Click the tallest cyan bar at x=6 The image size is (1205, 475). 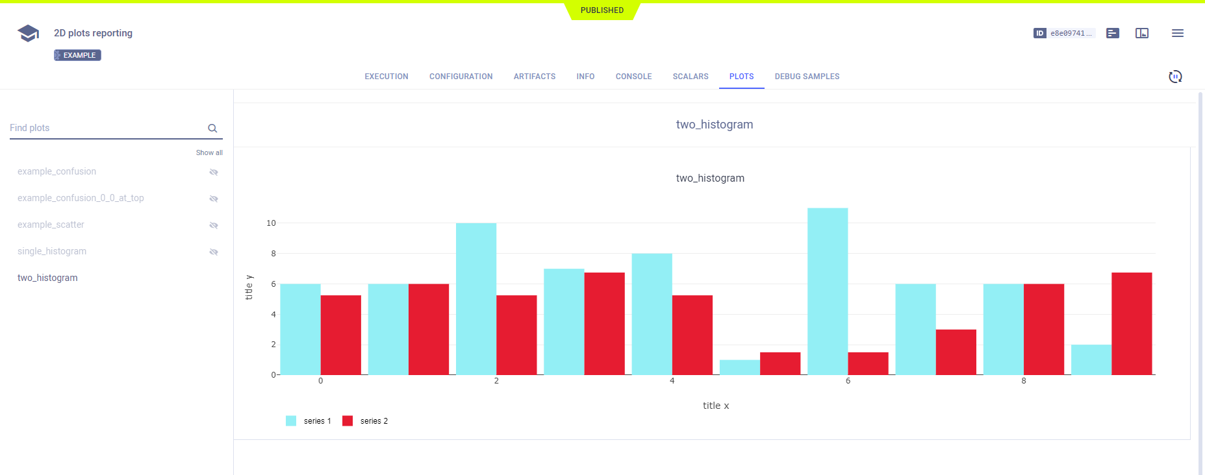(x=828, y=291)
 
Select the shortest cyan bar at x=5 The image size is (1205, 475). (x=740, y=367)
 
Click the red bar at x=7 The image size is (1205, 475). (x=956, y=352)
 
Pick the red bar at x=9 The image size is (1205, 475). (x=1132, y=324)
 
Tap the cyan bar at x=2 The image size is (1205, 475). (x=476, y=299)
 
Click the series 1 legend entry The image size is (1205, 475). (x=309, y=421)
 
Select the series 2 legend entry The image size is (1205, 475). (x=366, y=421)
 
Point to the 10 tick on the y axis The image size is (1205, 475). (x=271, y=223)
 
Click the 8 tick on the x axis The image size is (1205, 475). (x=1024, y=381)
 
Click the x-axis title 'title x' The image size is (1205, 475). (x=716, y=406)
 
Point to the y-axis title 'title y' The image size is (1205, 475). (x=249, y=287)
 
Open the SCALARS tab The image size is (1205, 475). (x=691, y=77)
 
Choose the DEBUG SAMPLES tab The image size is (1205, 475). (x=807, y=77)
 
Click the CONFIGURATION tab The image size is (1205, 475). (x=461, y=77)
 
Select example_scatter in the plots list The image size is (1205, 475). (x=51, y=225)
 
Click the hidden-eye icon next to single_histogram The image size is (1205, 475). (x=214, y=252)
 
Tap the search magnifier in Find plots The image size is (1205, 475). (x=212, y=128)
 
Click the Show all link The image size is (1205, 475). (x=209, y=152)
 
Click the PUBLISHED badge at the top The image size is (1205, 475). (x=602, y=10)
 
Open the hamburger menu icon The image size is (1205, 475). (x=1178, y=33)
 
